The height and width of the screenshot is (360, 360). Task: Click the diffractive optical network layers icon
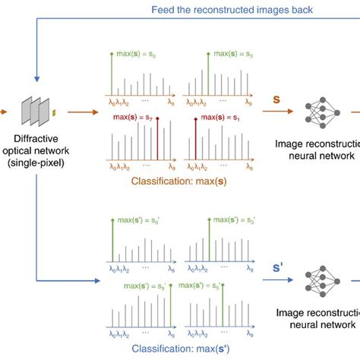point(38,112)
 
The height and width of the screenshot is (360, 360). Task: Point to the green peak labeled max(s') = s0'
point(112,243)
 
